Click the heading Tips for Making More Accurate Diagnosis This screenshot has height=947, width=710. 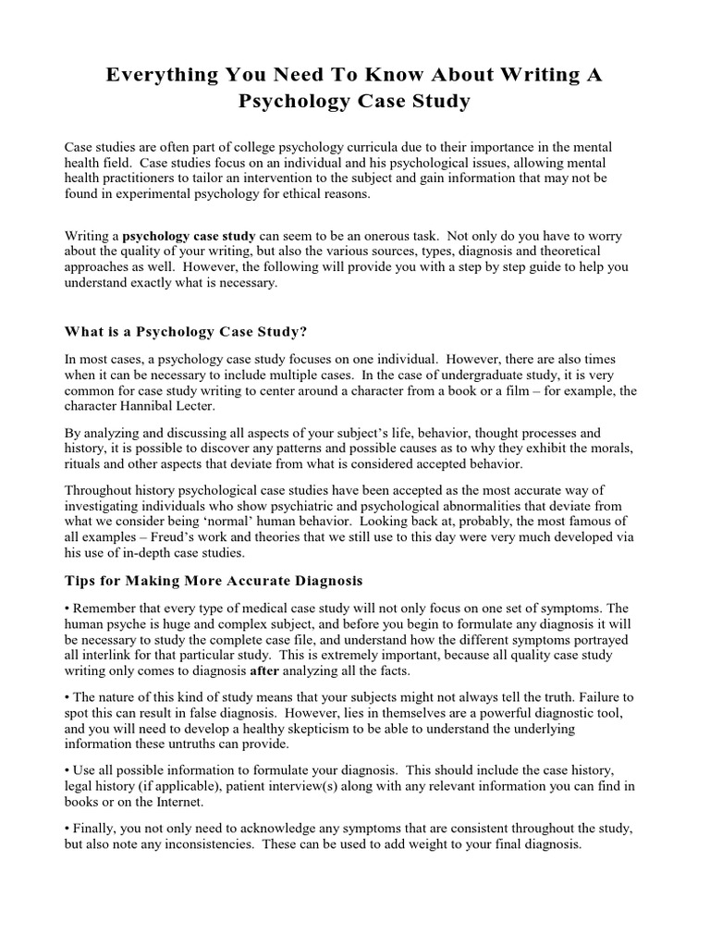(214, 581)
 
